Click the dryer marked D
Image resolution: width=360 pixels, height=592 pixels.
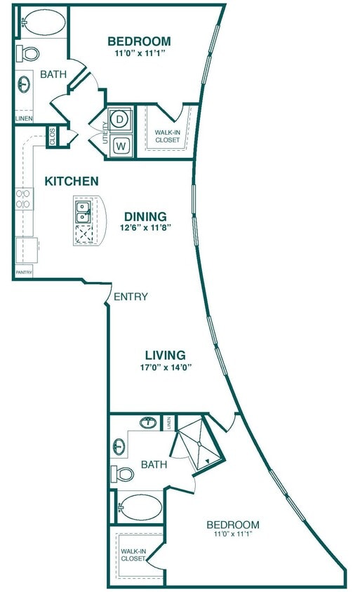click(119, 119)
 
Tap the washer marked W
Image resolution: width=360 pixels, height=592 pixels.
click(119, 146)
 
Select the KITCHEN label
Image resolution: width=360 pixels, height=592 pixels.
click(72, 181)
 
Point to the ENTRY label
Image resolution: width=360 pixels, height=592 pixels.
click(131, 297)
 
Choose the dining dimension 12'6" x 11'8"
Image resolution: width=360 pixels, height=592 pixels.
click(147, 227)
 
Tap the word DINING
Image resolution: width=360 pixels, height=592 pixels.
click(145, 216)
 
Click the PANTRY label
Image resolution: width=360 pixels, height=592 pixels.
click(24, 273)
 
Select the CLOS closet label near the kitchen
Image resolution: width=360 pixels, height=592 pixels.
click(53, 136)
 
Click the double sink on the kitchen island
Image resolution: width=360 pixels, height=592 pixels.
click(83, 211)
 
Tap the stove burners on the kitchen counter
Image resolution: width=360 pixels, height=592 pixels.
click(23, 199)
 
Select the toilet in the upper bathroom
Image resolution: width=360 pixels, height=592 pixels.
click(30, 53)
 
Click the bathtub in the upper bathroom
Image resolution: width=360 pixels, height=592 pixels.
click(44, 22)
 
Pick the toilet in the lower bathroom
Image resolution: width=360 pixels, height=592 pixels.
click(124, 474)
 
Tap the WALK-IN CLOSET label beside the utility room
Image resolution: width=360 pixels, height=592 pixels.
click(167, 135)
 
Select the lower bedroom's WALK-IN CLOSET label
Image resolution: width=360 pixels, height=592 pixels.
click(133, 555)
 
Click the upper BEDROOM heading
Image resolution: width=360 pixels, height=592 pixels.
click(139, 40)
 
